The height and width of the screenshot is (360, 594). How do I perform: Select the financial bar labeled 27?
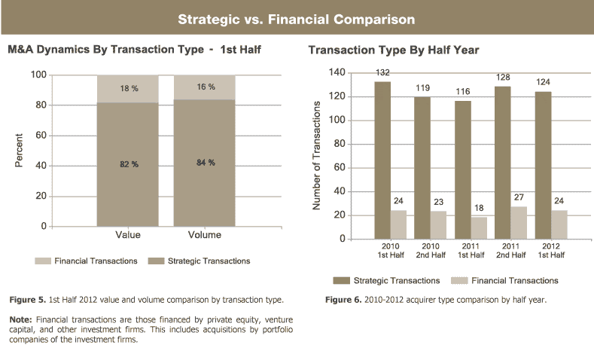[517, 223]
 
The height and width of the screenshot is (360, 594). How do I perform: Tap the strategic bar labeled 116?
[462, 169]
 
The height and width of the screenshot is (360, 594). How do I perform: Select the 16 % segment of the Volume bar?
[204, 87]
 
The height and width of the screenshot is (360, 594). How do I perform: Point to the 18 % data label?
[129, 89]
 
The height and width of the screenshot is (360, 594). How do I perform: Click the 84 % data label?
[206, 163]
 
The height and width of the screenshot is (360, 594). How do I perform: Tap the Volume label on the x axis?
[204, 235]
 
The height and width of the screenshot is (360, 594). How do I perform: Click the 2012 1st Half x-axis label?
[550, 249]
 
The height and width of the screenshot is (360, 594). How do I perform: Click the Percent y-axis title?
[19, 151]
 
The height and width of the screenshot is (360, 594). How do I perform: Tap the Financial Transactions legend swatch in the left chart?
[44, 261]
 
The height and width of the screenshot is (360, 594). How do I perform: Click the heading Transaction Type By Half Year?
[394, 50]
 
